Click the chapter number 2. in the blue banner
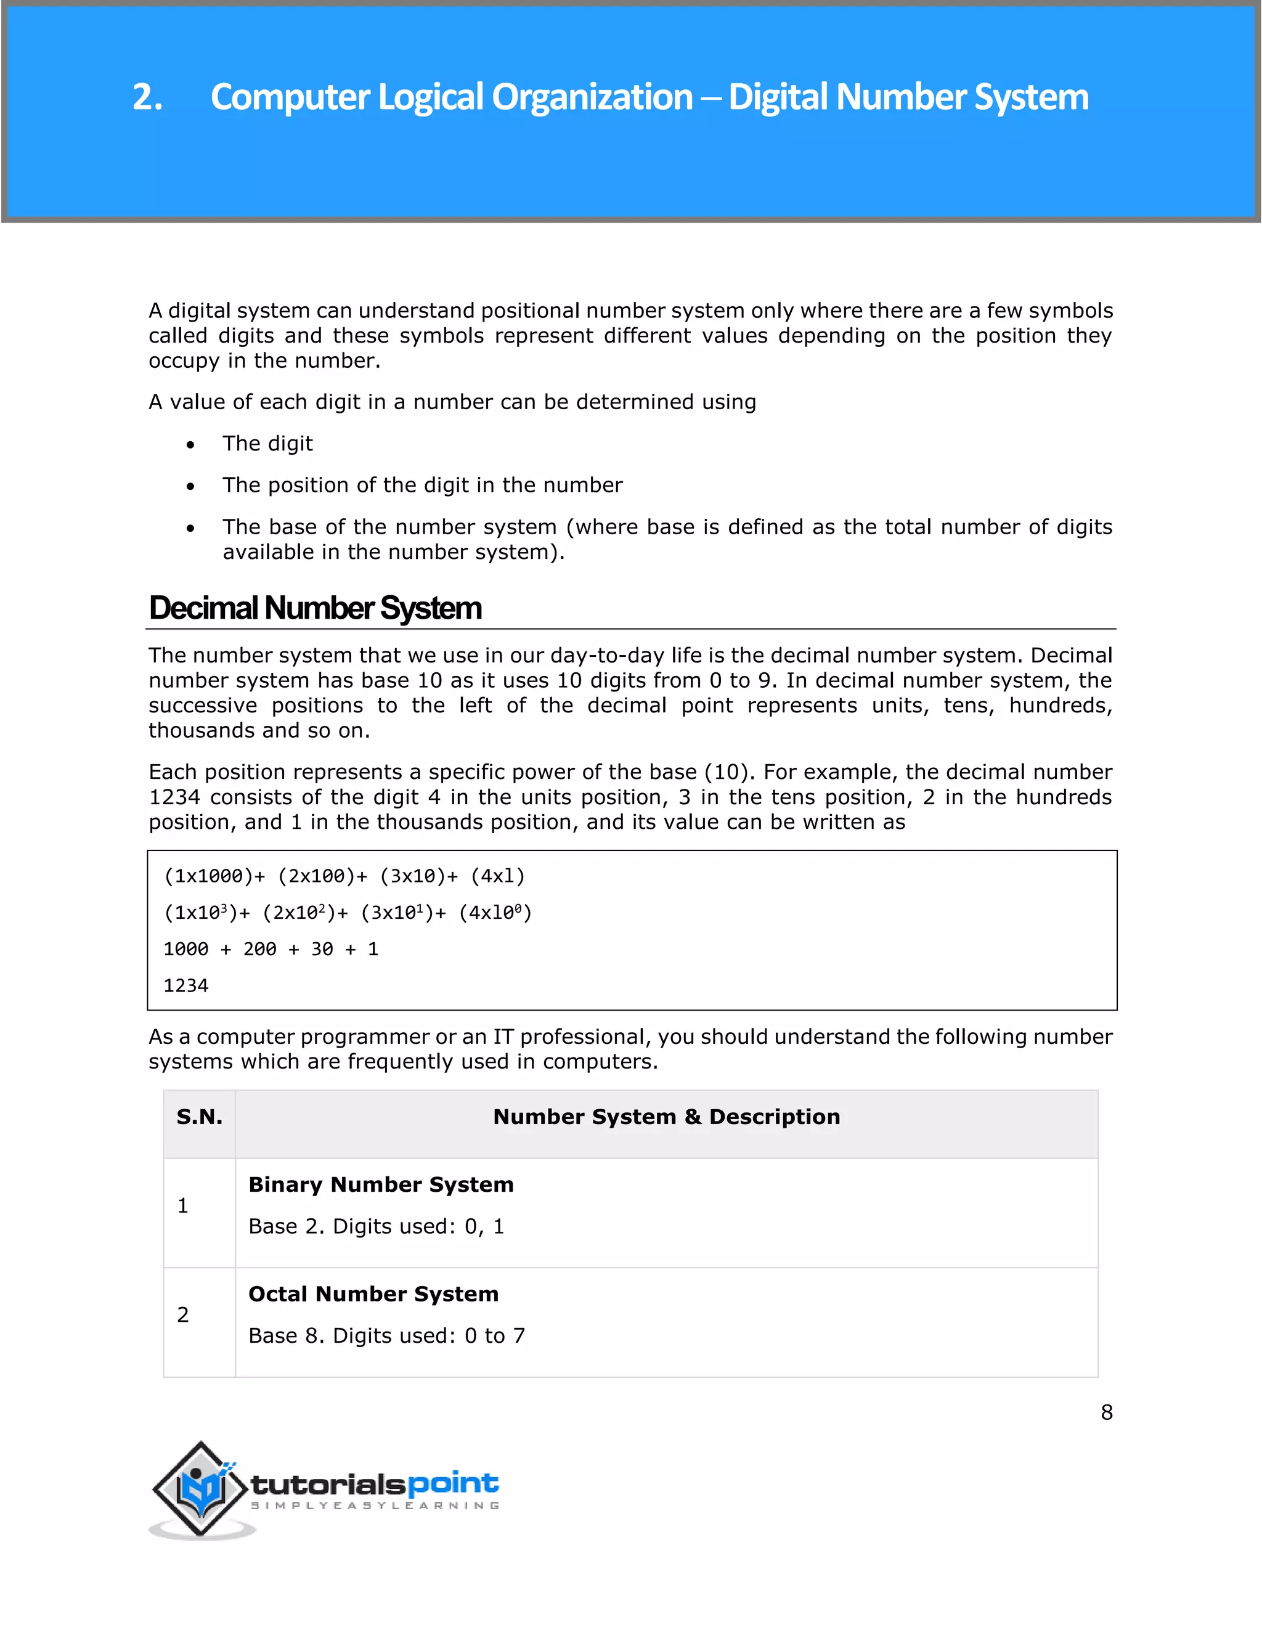pos(147,97)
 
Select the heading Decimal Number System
pos(315,608)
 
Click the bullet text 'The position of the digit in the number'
pos(421,485)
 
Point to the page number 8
pos(1107,1412)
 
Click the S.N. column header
pos(199,1117)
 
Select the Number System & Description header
pos(666,1117)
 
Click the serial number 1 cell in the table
pos(183,1205)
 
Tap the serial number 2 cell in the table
pos(183,1314)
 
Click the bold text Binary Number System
pos(381,1184)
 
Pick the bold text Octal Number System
pos(373,1293)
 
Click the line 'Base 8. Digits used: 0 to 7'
pos(386,1335)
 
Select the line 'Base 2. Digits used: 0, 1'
pos(376,1226)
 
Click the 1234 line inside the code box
pos(185,985)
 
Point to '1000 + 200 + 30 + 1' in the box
pos(271,949)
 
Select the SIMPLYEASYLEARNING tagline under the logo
pos(375,1505)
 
